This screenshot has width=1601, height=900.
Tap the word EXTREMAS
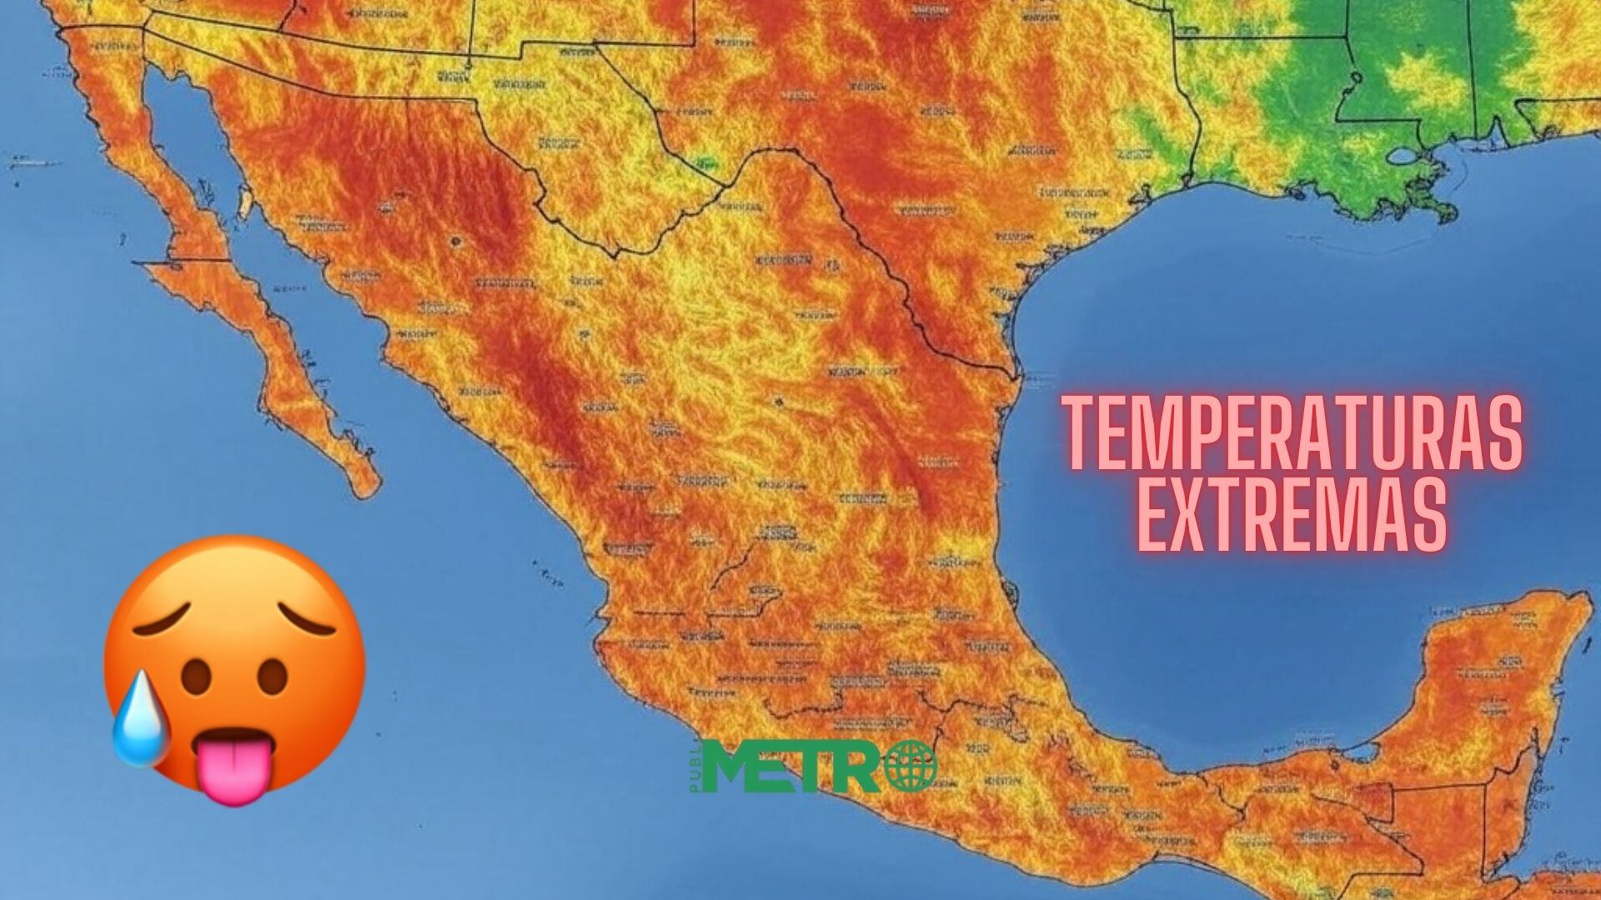1291,514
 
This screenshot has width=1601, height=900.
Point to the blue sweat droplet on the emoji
139,731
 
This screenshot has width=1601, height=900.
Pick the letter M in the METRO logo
735,767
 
